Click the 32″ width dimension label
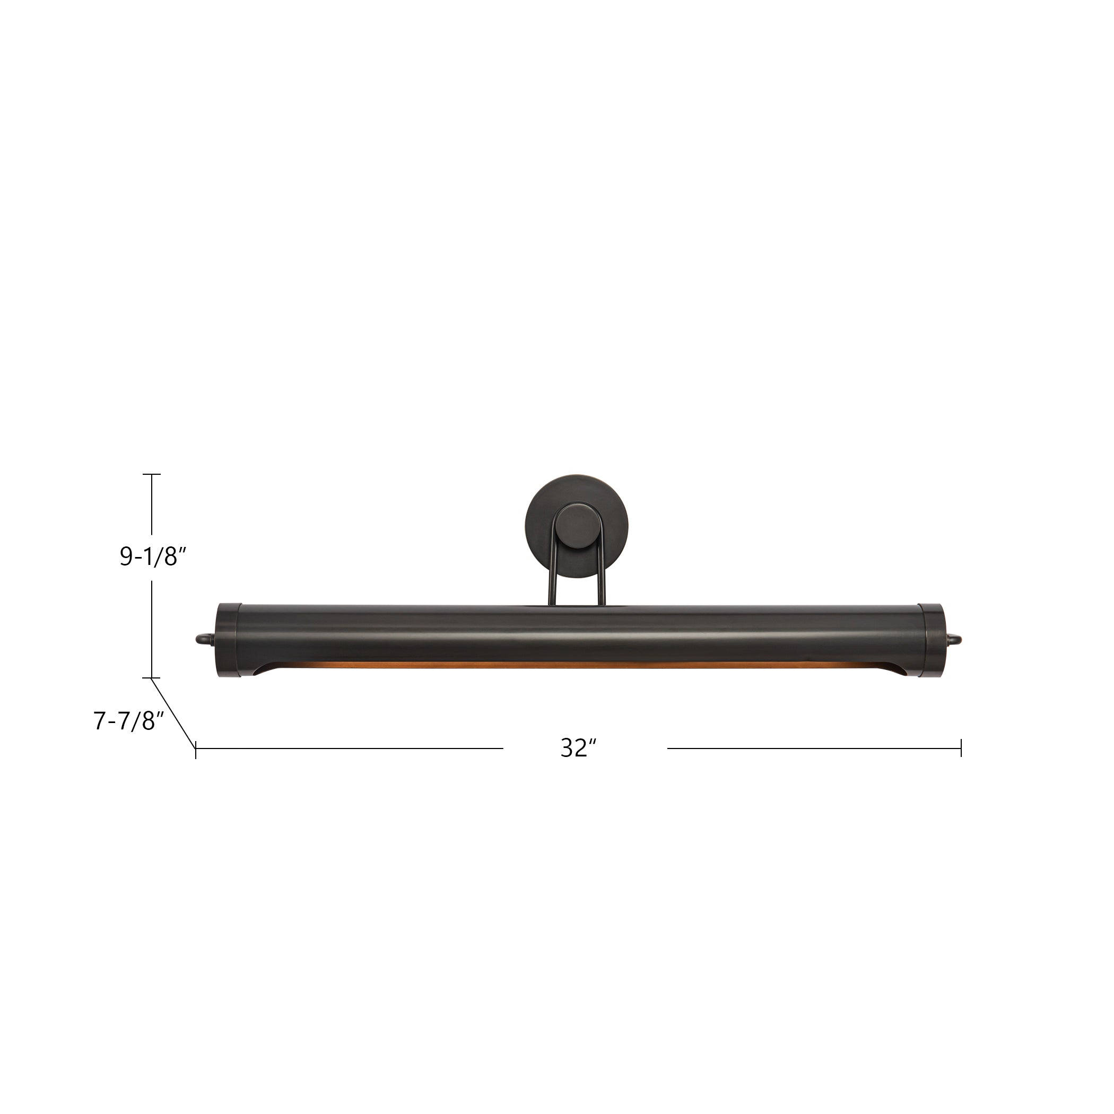click(x=578, y=749)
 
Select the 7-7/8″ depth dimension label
click(x=129, y=721)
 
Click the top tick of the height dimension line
click(x=152, y=474)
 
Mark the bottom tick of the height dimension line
click(x=152, y=677)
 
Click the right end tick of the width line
click(x=961, y=749)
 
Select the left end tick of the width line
click(x=196, y=749)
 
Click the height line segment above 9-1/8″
click(x=152, y=504)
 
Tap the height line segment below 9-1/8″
click(x=152, y=629)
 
